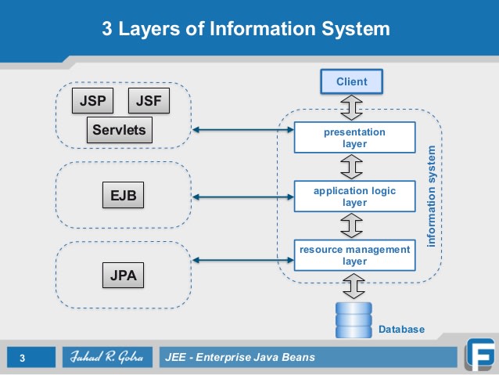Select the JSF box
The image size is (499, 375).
(148, 101)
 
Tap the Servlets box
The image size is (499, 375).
(118, 130)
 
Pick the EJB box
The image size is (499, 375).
(124, 196)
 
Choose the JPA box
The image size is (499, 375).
(124, 275)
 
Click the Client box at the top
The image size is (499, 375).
(351, 81)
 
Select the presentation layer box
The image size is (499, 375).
(354, 138)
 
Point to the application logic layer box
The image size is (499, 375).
(354, 197)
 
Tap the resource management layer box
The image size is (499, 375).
(354, 255)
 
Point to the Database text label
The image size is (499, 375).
(401, 330)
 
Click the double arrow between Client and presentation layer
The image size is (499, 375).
(354, 107)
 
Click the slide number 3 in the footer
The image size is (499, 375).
(23, 359)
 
